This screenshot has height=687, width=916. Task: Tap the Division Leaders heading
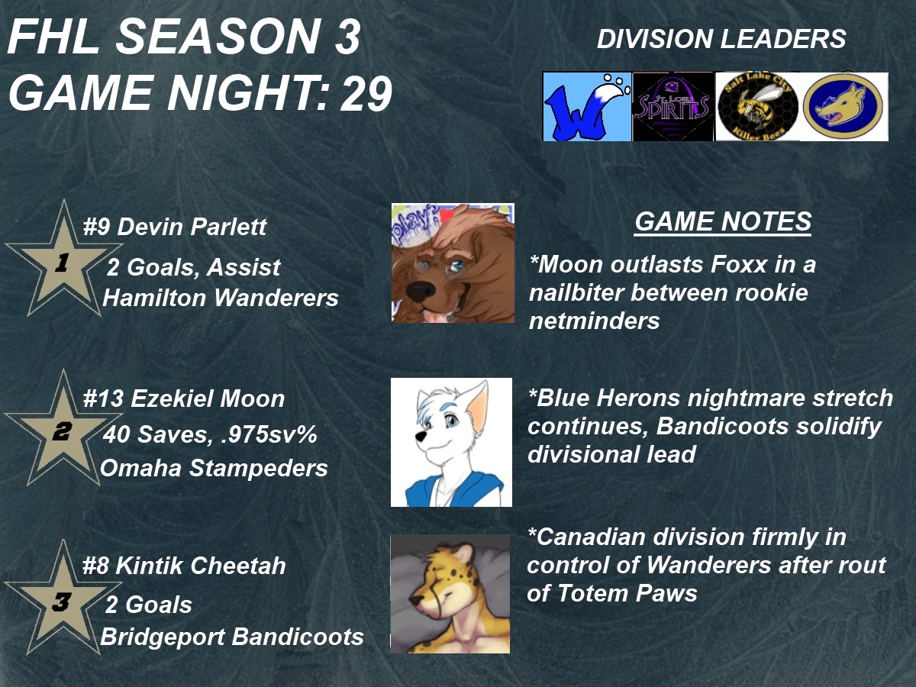[721, 39]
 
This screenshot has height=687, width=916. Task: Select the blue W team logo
[587, 107]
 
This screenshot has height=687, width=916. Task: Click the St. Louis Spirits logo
[673, 107]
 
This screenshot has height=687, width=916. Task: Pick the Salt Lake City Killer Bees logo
[758, 107]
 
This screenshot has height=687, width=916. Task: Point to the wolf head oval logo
[843, 107]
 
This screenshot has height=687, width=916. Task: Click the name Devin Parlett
[192, 227]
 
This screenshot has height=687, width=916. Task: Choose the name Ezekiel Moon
[208, 398]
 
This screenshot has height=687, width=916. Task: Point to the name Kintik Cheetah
[201, 566]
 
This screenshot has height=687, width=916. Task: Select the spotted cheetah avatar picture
[450, 594]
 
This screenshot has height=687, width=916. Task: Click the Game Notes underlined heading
[723, 221]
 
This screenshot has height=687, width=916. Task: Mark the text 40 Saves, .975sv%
[210, 434]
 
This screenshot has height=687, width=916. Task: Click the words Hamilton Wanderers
[221, 298]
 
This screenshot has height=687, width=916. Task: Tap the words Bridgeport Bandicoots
[232, 637]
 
